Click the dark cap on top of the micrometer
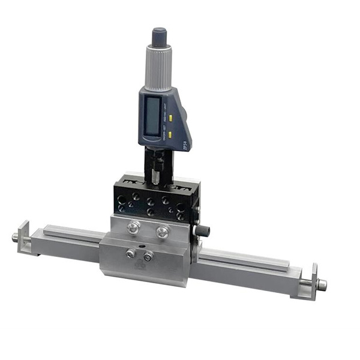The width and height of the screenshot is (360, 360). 160,36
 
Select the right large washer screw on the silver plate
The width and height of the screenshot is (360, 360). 163,232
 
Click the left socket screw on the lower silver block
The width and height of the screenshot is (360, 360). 130,253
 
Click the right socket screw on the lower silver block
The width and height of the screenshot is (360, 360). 148,257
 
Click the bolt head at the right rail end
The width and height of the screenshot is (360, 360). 322,284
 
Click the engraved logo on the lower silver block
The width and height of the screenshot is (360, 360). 139,264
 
